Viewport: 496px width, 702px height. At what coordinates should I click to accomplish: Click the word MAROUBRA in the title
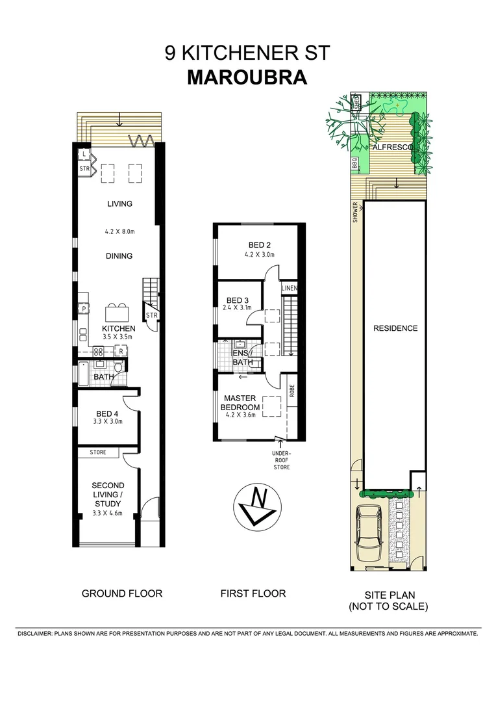point(247,77)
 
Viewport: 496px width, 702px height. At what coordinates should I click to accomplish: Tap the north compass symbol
point(256,504)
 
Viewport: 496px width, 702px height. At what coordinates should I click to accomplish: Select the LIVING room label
point(119,203)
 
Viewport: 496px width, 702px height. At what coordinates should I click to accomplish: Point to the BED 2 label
point(259,245)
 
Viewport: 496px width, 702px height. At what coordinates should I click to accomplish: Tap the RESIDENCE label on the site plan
point(395,328)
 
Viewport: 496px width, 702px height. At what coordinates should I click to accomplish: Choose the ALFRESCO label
point(394,148)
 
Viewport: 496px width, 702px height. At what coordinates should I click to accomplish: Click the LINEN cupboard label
point(290,288)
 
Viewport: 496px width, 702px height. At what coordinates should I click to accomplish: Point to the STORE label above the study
point(99,452)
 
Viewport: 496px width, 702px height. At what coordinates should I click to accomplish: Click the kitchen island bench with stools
point(118,311)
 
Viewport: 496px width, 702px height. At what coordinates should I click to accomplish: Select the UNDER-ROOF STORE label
point(281,460)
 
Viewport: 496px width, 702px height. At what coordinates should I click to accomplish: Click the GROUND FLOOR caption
point(121,593)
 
